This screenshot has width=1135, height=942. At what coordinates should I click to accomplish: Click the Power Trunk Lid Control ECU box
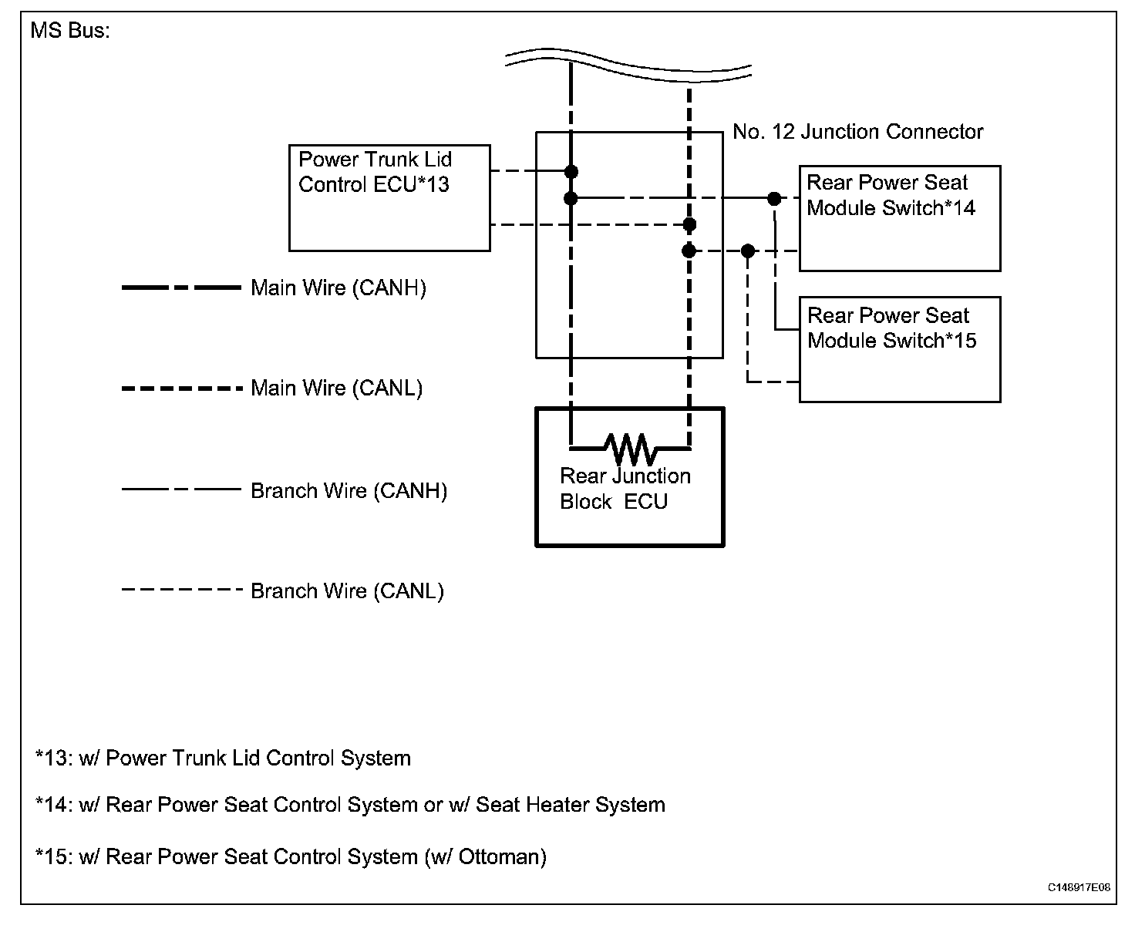[389, 197]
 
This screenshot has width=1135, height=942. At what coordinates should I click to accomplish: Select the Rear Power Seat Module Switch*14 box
[899, 218]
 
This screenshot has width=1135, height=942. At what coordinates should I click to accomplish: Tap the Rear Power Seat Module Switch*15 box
[899, 349]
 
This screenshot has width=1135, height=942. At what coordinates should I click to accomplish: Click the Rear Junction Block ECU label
[625, 489]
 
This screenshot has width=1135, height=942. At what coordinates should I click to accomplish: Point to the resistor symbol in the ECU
[630, 446]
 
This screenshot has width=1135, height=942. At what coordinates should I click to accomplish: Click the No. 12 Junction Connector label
[857, 132]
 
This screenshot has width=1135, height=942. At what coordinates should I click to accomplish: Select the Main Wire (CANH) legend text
[338, 288]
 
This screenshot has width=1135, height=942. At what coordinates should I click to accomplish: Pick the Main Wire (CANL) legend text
[337, 388]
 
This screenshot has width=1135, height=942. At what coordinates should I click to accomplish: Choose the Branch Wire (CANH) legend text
[349, 491]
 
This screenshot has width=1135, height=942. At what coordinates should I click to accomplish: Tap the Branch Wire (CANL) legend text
[347, 591]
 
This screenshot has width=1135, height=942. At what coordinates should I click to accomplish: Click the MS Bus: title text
[70, 32]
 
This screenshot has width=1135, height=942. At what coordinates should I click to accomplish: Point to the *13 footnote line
[223, 759]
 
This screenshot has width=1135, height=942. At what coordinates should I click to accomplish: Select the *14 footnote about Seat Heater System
[350, 806]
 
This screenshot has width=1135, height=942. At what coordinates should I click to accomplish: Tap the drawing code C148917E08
[1078, 887]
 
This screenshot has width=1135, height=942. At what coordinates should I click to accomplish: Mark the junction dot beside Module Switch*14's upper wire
[774, 199]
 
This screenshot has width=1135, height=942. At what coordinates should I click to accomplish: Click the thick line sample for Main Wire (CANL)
[181, 389]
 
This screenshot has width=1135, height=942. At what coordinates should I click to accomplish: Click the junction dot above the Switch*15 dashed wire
[747, 251]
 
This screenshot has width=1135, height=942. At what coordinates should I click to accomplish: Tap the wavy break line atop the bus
[628, 63]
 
